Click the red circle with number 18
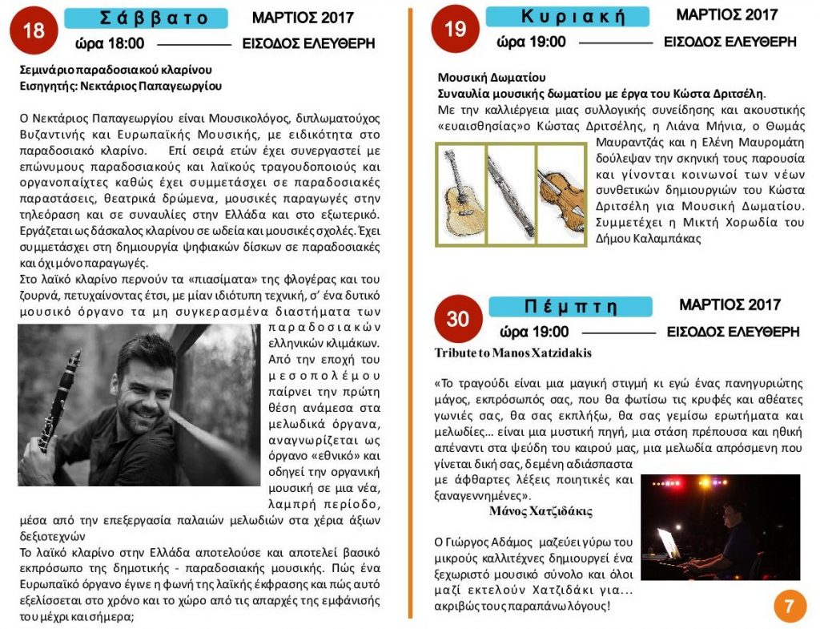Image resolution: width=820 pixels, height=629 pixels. (x=34, y=30)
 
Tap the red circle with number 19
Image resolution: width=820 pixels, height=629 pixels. (x=455, y=30)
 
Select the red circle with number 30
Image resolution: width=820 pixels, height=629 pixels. (x=457, y=318)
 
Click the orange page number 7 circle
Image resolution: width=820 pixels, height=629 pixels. (x=790, y=606)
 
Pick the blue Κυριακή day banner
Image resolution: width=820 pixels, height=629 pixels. (x=568, y=17)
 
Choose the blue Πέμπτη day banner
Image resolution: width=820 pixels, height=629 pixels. (x=570, y=306)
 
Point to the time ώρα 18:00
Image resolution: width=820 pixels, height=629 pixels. (x=110, y=43)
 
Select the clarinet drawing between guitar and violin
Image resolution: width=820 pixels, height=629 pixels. (x=511, y=193)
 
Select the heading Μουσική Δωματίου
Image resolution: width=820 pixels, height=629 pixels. (x=491, y=77)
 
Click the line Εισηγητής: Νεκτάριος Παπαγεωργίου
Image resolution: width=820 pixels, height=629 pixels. (x=120, y=86)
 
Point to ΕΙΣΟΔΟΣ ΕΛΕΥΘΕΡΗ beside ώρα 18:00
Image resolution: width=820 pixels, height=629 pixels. (x=308, y=44)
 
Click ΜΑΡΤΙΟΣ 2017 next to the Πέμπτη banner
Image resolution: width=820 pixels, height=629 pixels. (x=730, y=305)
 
